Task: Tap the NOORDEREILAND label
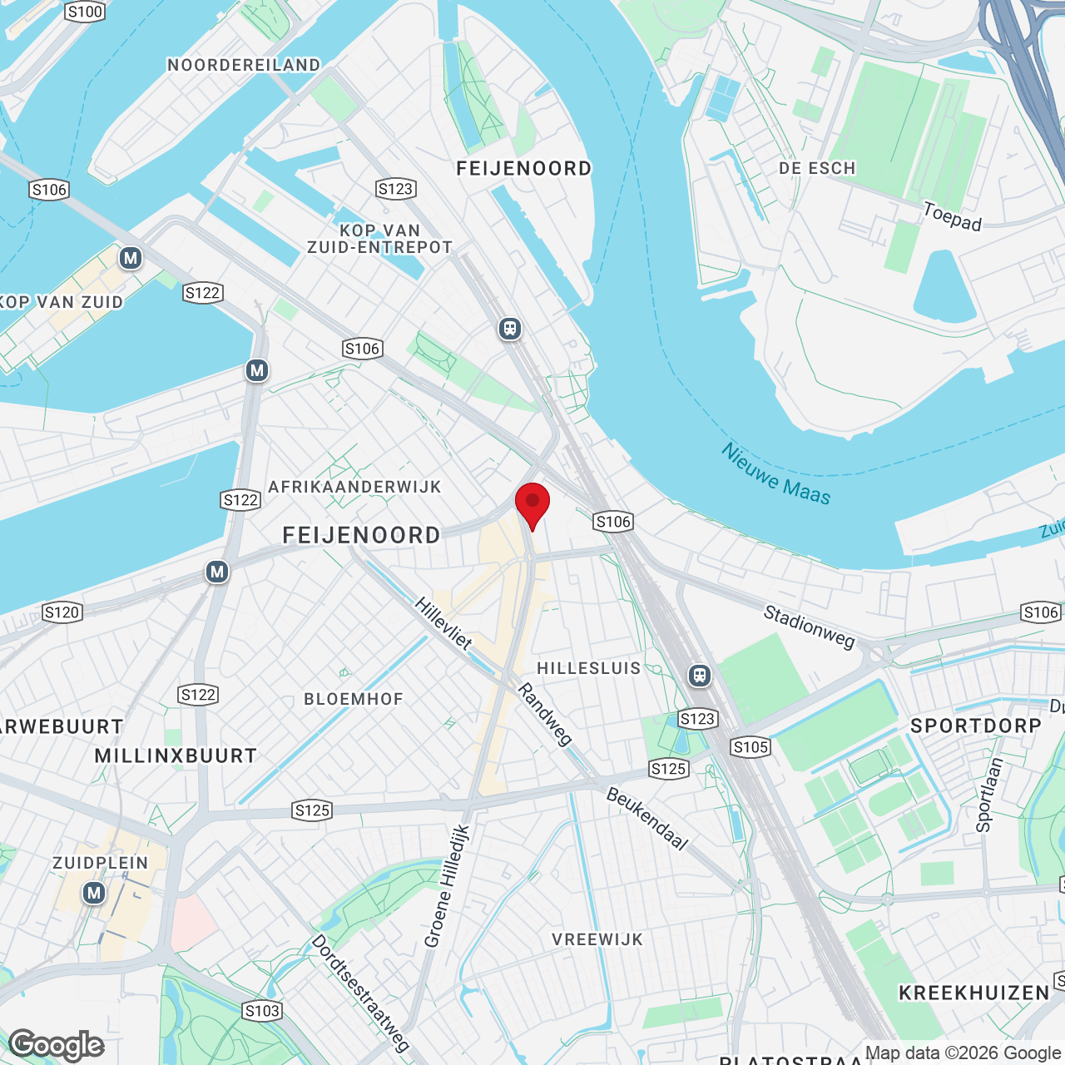244,65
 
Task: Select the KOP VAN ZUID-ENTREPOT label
379,239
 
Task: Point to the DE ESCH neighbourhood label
817,168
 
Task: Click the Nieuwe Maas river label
775,474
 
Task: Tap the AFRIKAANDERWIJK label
354,487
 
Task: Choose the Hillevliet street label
443,623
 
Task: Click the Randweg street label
545,714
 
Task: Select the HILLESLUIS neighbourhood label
589,668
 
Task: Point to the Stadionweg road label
809,627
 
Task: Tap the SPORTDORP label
976,726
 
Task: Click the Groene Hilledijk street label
447,886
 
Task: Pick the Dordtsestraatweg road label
360,993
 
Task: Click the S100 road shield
85,12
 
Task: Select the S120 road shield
62,613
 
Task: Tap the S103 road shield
262,1011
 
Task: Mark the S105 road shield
750,747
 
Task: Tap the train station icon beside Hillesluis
700,675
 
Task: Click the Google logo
57,1045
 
